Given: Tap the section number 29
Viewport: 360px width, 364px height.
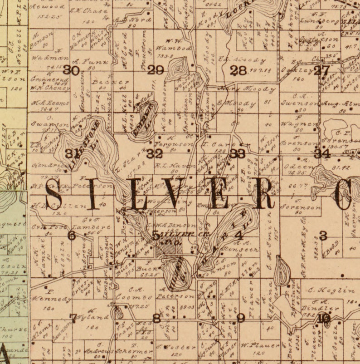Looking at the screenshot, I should click(x=156, y=70).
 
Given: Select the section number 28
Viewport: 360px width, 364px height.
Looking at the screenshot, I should click(x=238, y=70).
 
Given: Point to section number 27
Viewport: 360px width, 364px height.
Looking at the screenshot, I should click(x=321, y=70).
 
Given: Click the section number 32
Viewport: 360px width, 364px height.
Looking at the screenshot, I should click(x=155, y=153).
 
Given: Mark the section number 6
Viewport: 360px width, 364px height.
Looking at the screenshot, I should click(x=71, y=236).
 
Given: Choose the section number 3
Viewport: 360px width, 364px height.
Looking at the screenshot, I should click(x=323, y=235).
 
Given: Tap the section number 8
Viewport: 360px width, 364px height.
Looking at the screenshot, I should click(x=156, y=318).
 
